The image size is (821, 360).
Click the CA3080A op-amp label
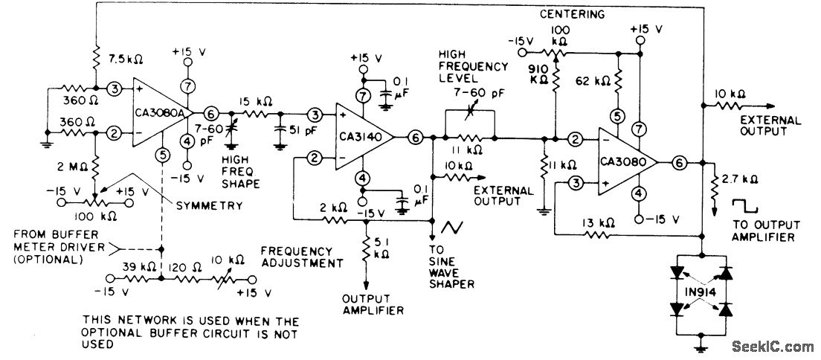tap(156, 113)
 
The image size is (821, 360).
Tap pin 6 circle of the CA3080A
tap(211, 113)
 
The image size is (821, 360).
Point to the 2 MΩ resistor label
tap(68, 165)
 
